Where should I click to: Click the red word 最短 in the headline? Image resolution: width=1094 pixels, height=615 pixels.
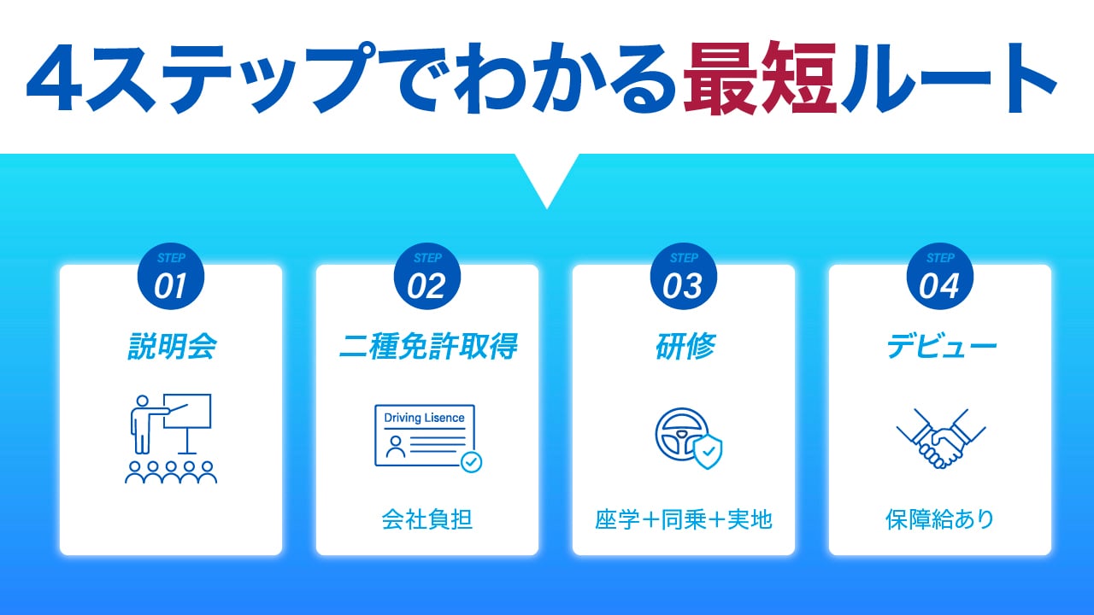tap(760, 78)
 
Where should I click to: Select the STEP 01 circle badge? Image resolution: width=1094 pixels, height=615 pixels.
tap(171, 276)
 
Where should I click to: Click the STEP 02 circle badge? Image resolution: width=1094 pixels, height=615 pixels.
tap(427, 276)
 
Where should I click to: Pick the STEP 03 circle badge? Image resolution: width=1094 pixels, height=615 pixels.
tap(684, 276)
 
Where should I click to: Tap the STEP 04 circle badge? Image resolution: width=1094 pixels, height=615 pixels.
tap(940, 276)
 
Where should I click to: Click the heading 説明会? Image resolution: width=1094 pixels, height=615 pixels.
tap(172, 347)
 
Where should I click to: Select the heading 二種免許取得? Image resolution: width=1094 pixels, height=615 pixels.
tap(428, 347)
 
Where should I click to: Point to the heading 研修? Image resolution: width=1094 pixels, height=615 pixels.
tap(685, 347)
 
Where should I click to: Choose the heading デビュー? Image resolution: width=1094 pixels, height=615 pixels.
tap(941, 347)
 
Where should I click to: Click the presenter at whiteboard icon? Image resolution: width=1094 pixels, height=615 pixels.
tap(171, 439)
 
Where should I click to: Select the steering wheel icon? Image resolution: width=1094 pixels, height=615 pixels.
tap(682, 435)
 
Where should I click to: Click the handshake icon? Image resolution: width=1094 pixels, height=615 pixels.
tap(941, 439)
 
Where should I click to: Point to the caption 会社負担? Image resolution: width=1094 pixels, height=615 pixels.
tap(427, 519)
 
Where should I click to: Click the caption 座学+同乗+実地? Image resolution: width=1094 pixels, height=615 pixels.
tap(684, 519)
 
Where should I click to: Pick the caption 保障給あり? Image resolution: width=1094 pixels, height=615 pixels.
tap(940, 519)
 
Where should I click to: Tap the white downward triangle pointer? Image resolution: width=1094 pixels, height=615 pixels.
tap(547, 177)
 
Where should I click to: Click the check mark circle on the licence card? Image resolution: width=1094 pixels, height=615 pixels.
tap(471, 462)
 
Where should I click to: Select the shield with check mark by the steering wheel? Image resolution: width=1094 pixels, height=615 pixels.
tap(708, 452)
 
